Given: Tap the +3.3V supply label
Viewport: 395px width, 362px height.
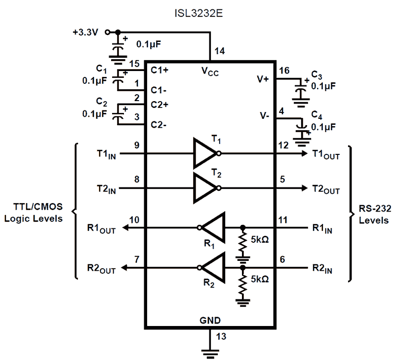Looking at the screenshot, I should coord(85,32).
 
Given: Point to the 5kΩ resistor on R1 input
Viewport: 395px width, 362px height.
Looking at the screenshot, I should coord(242,243).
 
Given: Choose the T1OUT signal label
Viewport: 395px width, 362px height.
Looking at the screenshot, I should coord(326,154).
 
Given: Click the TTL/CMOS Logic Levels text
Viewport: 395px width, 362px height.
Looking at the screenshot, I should coord(34,213).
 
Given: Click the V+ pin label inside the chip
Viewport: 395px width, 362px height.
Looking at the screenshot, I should coord(263,78).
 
